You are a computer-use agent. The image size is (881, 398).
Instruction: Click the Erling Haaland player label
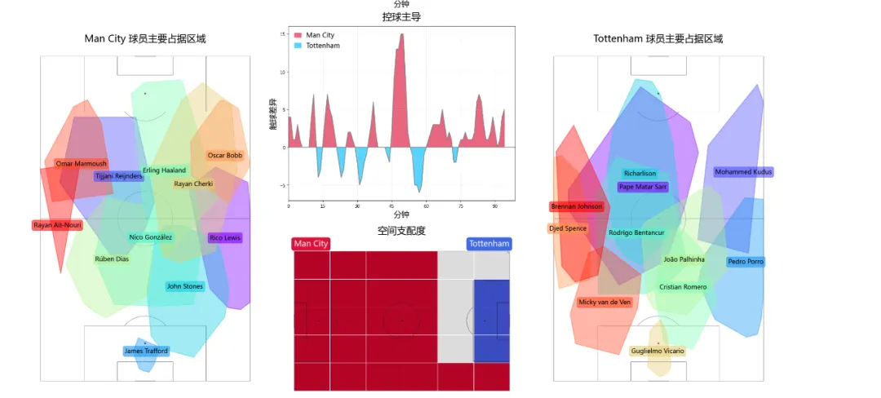[x=164, y=170]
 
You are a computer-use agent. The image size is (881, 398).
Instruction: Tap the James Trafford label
[x=146, y=351]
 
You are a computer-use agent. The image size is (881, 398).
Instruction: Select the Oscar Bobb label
[x=225, y=155]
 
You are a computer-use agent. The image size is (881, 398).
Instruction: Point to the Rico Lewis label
[x=225, y=238]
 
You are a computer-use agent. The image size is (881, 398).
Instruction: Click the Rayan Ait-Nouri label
[x=57, y=225]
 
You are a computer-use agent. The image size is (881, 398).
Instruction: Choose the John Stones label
[x=184, y=286]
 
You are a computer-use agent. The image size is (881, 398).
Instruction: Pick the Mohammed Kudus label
[x=743, y=172]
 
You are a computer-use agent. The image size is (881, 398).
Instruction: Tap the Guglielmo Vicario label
[x=657, y=351]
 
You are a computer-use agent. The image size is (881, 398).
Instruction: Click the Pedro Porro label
[x=746, y=262]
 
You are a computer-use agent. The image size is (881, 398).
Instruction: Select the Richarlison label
[x=640, y=173]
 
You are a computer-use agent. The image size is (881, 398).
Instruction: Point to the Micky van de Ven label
[x=604, y=302]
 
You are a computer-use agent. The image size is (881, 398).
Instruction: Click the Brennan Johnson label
[x=577, y=206]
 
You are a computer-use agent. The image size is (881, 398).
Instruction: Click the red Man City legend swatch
[x=298, y=35]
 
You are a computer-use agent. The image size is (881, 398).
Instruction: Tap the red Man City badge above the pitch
[x=311, y=244]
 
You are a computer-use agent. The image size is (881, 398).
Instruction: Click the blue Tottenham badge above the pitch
[x=489, y=244]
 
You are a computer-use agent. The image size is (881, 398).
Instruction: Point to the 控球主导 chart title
[x=401, y=16]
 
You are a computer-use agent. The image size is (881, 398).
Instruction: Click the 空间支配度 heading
[x=401, y=231]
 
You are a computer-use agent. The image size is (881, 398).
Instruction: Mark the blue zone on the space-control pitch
[x=491, y=321]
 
